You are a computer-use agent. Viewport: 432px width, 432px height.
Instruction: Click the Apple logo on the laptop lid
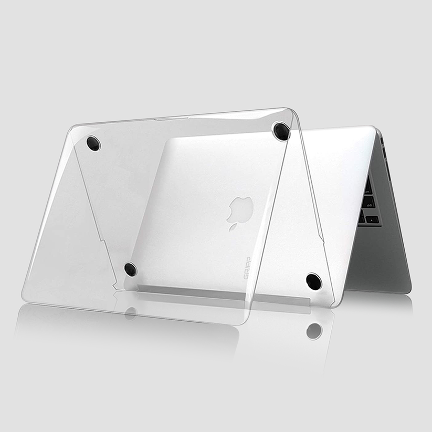tap(240, 213)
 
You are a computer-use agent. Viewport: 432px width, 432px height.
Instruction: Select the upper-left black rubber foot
tap(93, 143)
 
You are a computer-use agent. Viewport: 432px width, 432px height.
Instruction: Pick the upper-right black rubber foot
tap(281, 131)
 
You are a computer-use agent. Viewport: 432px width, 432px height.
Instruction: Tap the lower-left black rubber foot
tap(131, 269)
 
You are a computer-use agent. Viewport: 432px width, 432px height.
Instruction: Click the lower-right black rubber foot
tap(314, 281)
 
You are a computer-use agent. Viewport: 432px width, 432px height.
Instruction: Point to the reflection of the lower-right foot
tap(314, 331)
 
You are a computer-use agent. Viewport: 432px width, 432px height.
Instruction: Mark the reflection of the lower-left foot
tap(130, 313)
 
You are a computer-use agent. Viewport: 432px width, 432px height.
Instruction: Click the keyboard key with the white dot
tap(372, 220)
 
